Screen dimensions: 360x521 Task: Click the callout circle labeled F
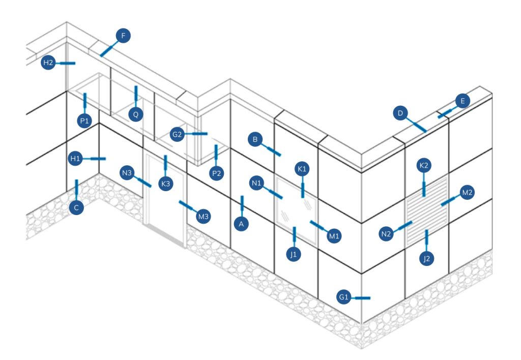(x=123, y=36)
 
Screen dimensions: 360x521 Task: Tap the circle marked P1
(x=84, y=121)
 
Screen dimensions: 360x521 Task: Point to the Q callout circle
(x=136, y=114)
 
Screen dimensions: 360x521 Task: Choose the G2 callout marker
(x=177, y=134)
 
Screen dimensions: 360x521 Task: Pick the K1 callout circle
(x=302, y=168)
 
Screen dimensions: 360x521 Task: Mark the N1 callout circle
(x=257, y=183)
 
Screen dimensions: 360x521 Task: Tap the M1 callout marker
(x=334, y=236)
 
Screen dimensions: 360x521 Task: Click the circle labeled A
(x=242, y=223)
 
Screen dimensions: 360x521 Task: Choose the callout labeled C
(x=76, y=207)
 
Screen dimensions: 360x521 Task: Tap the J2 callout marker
(x=427, y=258)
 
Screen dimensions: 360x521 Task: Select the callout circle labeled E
(x=462, y=101)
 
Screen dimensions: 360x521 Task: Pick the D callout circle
(x=400, y=113)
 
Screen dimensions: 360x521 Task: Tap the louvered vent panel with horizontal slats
(x=426, y=210)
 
